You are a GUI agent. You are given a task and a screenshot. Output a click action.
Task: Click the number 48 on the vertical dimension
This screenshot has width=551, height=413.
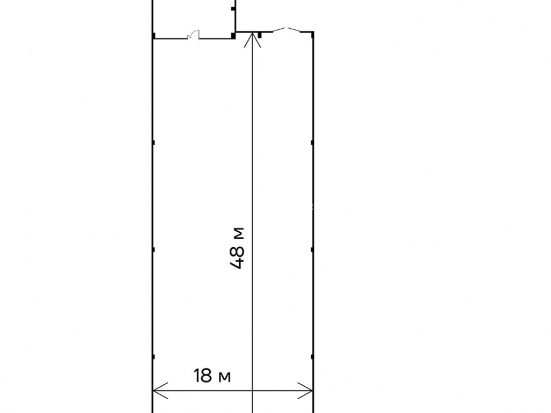click(x=237, y=257)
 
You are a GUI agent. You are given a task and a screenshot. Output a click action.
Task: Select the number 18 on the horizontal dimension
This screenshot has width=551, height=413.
click(x=203, y=376)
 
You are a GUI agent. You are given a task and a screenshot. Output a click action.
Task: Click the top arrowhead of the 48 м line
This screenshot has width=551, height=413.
click(x=253, y=39)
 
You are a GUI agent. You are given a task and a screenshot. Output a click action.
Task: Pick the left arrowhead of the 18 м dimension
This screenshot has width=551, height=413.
click(x=160, y=390)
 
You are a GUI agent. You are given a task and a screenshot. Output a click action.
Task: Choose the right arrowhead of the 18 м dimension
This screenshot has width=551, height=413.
click(x=305, y=390)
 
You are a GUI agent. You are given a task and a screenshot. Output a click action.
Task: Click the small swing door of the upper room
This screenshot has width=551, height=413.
click(x=193, y=35)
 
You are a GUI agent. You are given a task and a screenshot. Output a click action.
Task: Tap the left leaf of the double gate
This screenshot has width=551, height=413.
click(x=280, y=30)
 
